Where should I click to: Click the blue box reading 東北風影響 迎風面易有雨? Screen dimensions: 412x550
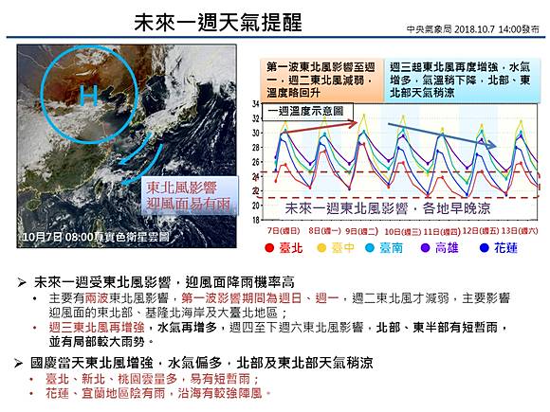(x=189, y=195)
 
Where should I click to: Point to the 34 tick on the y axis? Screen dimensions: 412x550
(x=255, y=104)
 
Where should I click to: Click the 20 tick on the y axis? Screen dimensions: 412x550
(x=255, y=205)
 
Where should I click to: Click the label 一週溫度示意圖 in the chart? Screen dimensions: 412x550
(x=302, y=111)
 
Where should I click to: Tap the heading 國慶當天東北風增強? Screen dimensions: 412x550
(x=95, y=362)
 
